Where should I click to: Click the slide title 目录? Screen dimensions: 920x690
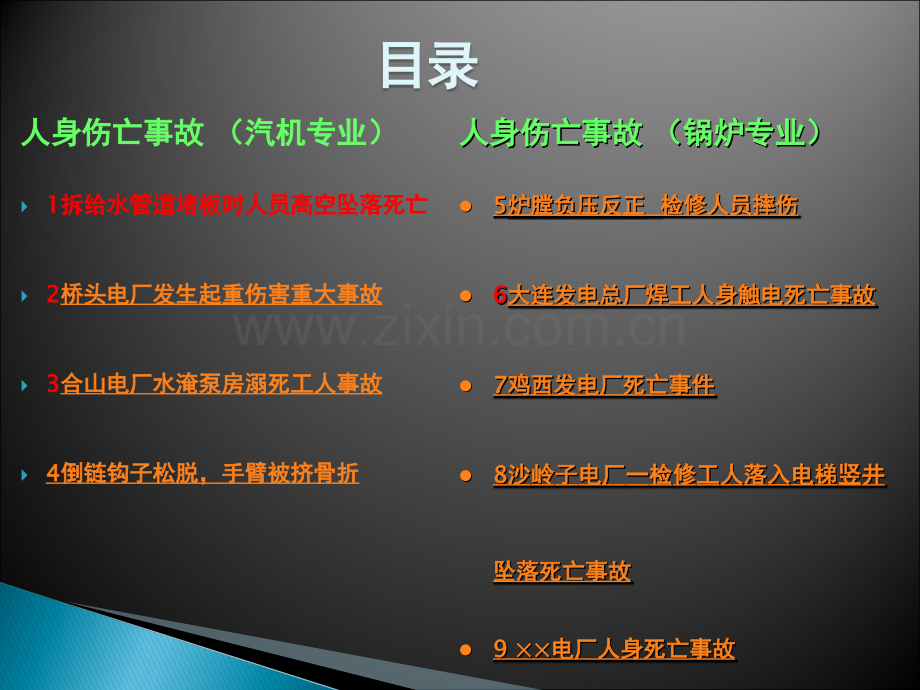(x=429, y=65)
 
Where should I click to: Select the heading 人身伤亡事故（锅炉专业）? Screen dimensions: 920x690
(x=642, y=133)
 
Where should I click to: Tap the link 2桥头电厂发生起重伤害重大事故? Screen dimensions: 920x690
(x=214, y=294)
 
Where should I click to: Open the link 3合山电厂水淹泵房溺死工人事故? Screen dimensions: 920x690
(x=214, y=384)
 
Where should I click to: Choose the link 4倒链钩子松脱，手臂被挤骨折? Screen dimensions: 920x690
(x=202, y=473)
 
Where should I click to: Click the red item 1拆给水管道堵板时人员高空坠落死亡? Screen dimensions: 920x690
(x=237, y=205)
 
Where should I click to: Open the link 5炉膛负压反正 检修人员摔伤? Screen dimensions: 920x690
(x=646, y=205)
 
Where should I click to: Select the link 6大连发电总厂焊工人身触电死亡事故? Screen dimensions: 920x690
(x=685, y=295)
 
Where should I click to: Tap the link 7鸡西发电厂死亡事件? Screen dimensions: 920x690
(x=604, y=385)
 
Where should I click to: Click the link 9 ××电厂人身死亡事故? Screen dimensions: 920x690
(x=614, y=649)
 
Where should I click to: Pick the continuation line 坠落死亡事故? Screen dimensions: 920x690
(x=562, y=571)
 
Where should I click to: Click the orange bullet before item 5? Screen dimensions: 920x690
(x=466, y=206)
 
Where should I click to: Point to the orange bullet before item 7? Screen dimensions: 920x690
(x=466, y=385)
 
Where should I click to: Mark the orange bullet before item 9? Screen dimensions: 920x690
(x=466, y=650)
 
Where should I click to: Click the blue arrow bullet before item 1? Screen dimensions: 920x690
(x=24, y=206)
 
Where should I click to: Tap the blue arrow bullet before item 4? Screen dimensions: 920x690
(x=24, y=475)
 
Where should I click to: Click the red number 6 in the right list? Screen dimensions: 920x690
(x=500, y=295)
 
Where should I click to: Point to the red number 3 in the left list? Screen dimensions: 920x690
(x=53, y=384)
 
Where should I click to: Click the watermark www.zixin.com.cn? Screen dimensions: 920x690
(x=459, y=328)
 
